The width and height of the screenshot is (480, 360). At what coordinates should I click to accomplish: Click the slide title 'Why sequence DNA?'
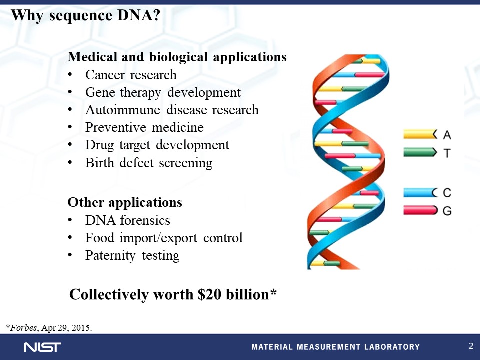coord(85,15)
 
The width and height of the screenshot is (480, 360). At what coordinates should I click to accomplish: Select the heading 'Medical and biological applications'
coord(177,57)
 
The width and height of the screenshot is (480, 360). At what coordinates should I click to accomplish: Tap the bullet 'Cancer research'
coord(131,75)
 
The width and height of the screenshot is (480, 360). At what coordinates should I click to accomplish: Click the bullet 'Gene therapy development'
coord(163,93)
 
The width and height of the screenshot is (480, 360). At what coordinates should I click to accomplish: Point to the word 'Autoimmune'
coord(123,110)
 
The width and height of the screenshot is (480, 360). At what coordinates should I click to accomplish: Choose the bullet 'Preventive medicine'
coord(144,127)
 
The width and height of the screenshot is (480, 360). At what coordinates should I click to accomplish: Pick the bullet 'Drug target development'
coord(157,145)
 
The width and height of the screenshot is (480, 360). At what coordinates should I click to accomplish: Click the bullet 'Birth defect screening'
coord(149,163)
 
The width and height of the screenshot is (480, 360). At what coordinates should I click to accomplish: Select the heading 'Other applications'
coord(125,202)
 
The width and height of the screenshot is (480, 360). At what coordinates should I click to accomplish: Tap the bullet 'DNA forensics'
coord(127,220)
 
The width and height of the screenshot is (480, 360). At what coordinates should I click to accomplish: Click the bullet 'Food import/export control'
coord(164,238)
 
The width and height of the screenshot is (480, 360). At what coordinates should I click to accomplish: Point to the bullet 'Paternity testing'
coord(132,255)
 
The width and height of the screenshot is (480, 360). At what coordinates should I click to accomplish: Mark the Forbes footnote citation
coord(49,328)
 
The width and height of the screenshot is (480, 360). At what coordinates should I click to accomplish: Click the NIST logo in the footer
coord(42,347)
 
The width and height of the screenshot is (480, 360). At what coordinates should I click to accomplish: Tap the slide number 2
coord(471,346)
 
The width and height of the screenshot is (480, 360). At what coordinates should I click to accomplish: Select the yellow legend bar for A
coord(420,134)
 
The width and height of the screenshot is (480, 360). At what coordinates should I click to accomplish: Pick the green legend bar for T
coord(420,152)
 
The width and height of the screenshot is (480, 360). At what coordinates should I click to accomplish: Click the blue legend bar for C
coord(420,193)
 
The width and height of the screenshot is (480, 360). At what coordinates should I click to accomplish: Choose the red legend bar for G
coord(420,210)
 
